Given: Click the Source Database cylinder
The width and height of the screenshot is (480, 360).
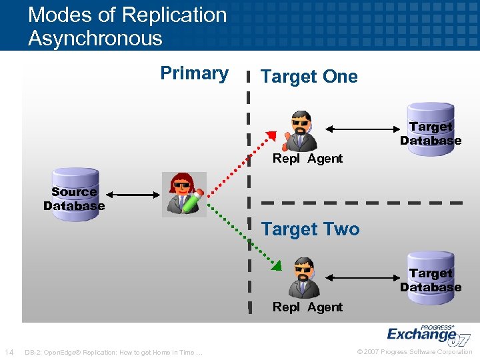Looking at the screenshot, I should [x=74, y=198].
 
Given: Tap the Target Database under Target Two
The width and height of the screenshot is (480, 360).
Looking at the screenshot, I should [x=431, y=279].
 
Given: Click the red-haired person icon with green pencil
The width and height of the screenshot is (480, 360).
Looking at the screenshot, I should [x=184, y=194].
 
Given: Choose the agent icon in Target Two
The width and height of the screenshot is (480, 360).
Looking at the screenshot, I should [x=303, y=277].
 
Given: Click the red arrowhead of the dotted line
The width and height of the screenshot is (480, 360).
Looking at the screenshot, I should [x=270, y=136].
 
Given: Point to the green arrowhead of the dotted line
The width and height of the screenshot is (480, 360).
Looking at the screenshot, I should [x=275, y=265].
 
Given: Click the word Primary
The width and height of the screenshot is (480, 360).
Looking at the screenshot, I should [x=194, y=73].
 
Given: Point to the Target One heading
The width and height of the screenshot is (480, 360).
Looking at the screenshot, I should [x=309, y=77].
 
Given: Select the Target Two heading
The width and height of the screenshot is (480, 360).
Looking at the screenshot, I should [x=310, y=229].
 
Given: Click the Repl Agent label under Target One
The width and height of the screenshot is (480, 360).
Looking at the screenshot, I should [x=307, y=159].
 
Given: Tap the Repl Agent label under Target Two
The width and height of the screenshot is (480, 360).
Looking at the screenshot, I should [x=307, y=307].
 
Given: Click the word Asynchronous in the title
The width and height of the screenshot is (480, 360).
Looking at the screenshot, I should [x=95, y=38].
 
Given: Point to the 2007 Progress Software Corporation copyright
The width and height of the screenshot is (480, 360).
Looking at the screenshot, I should [x=415, y=352].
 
